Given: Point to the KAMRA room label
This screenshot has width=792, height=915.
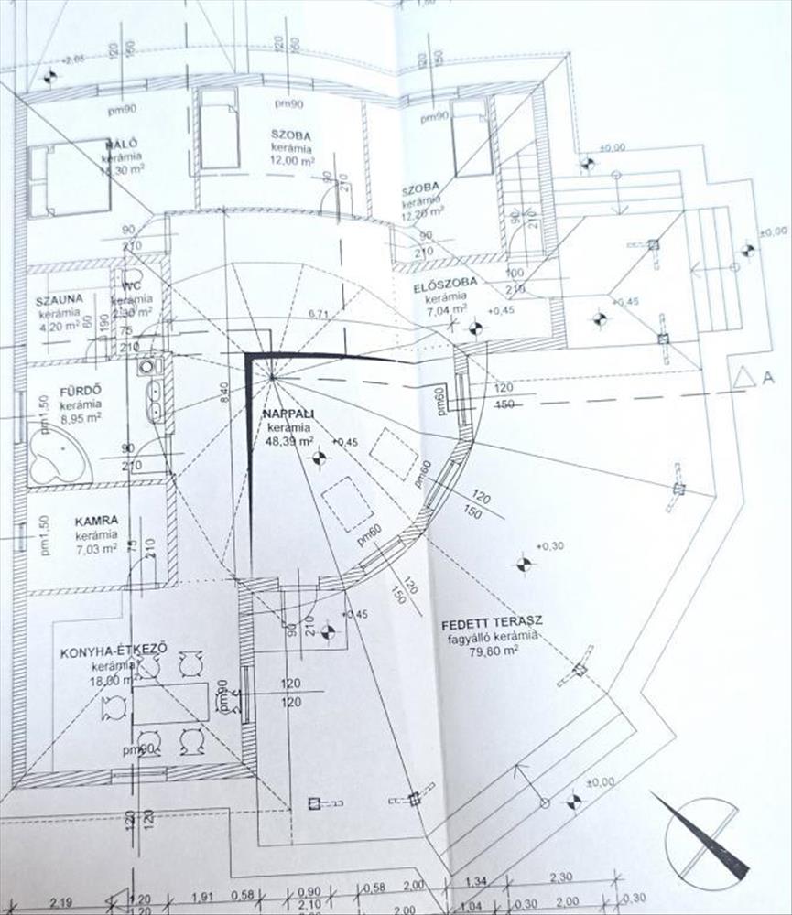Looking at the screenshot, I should [95, 520].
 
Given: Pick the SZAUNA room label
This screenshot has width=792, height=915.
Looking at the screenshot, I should [60, 299].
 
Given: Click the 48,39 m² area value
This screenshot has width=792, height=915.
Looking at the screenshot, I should [288, 441].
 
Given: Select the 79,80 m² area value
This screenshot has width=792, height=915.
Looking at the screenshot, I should [496, 651].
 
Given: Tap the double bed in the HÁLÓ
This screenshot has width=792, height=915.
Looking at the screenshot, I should [69, 178].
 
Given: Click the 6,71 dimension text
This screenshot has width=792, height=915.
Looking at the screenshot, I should [318, 314].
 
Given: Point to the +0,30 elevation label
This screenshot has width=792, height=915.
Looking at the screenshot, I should [551, 546].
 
